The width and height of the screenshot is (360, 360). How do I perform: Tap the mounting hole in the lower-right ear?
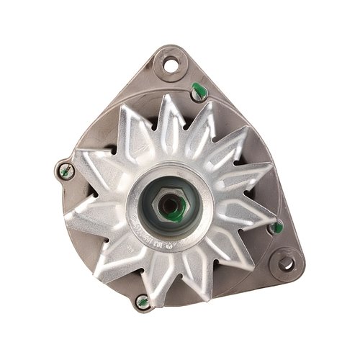coord(286,264)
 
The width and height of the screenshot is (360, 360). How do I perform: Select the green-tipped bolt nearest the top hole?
coord(199,90)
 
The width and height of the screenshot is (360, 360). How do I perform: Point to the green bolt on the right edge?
coord(276,228)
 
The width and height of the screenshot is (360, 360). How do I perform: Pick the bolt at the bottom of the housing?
coord(143,302)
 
